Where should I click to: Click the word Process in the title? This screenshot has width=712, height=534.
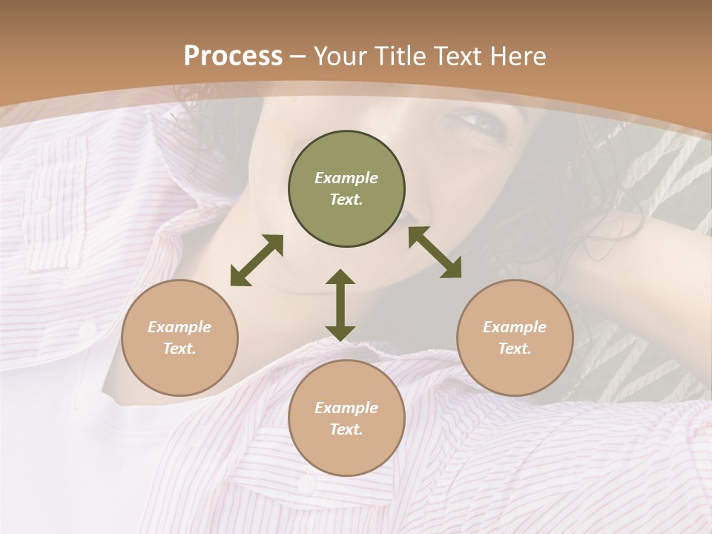coord(233,56)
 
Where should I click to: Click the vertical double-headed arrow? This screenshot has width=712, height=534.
coord(340,305)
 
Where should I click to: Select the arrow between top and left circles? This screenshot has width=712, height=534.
coord(257,260)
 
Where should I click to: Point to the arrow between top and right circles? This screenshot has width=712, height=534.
coord(435,252)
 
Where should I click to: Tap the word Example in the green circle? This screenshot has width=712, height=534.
coord(346,178)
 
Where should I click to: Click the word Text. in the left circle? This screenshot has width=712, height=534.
coord(179,349)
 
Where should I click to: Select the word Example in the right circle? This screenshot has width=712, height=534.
coord(515,327)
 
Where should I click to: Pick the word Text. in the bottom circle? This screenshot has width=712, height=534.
coord(346,429)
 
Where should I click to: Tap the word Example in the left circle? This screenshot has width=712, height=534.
coord(179,327)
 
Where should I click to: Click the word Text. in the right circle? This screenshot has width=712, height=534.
coord(515,349)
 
